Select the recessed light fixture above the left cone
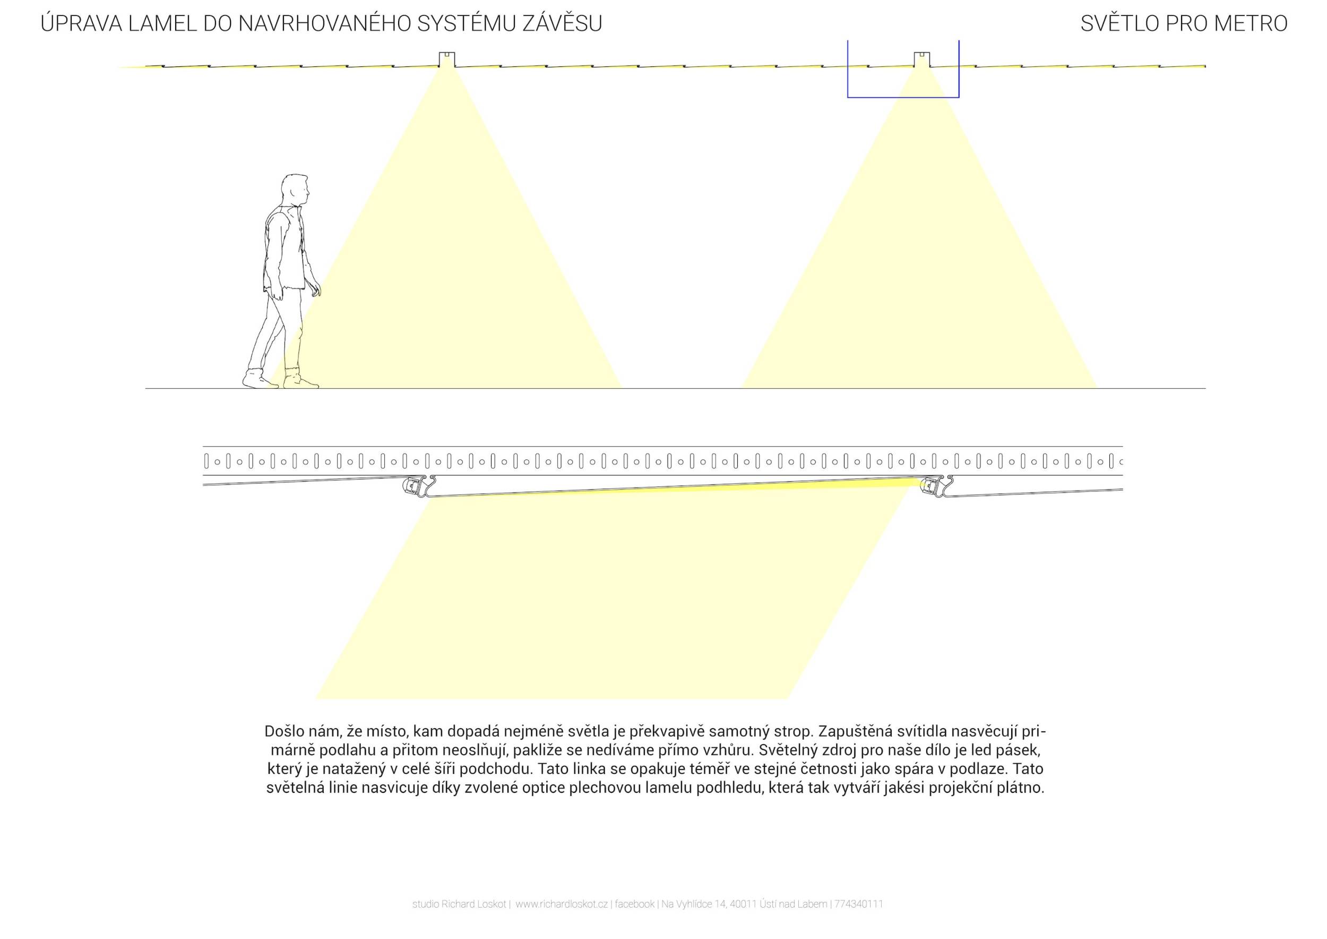click(446, 60)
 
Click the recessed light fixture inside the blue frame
click(922, 60)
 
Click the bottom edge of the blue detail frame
click(903, 97)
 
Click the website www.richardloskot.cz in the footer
click(562, 904)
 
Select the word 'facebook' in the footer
click(635, 904)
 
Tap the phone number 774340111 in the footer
click(859, 904)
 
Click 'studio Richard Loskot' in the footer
click(460, 904)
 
